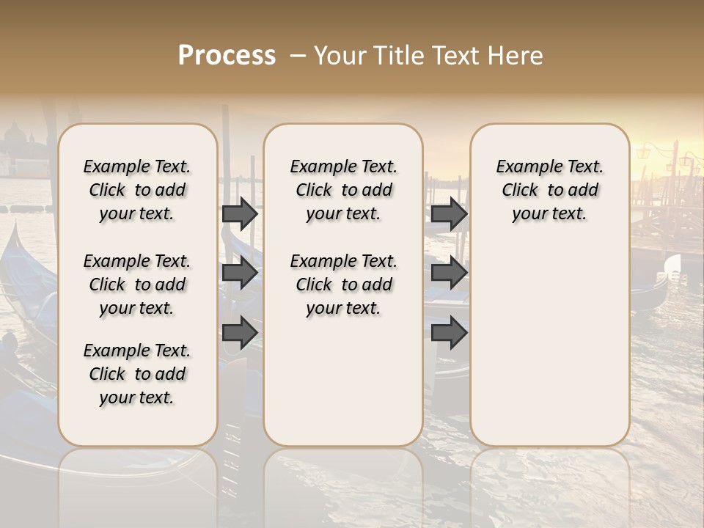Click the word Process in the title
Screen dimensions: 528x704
[227, 56]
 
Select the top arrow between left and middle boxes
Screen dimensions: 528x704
[240, 213]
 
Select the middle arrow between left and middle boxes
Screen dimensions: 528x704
[240, 273]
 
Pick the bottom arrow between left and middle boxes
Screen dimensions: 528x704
[240, 333]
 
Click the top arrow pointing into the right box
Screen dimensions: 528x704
[449, 213]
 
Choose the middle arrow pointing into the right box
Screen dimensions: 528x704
[449, 273]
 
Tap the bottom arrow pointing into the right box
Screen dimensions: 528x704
[449, 333]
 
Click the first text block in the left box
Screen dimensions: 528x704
[137, 190]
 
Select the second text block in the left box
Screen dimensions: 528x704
[137, 285]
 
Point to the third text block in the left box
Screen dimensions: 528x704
[137, 374]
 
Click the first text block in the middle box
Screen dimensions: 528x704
[343, 190]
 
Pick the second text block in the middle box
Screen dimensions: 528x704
[343, 285]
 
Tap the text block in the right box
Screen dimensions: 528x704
[549, 190]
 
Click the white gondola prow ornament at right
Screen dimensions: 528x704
[671, 265]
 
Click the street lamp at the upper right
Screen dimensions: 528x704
[644, 153]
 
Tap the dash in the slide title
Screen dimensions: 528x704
[298, 56]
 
